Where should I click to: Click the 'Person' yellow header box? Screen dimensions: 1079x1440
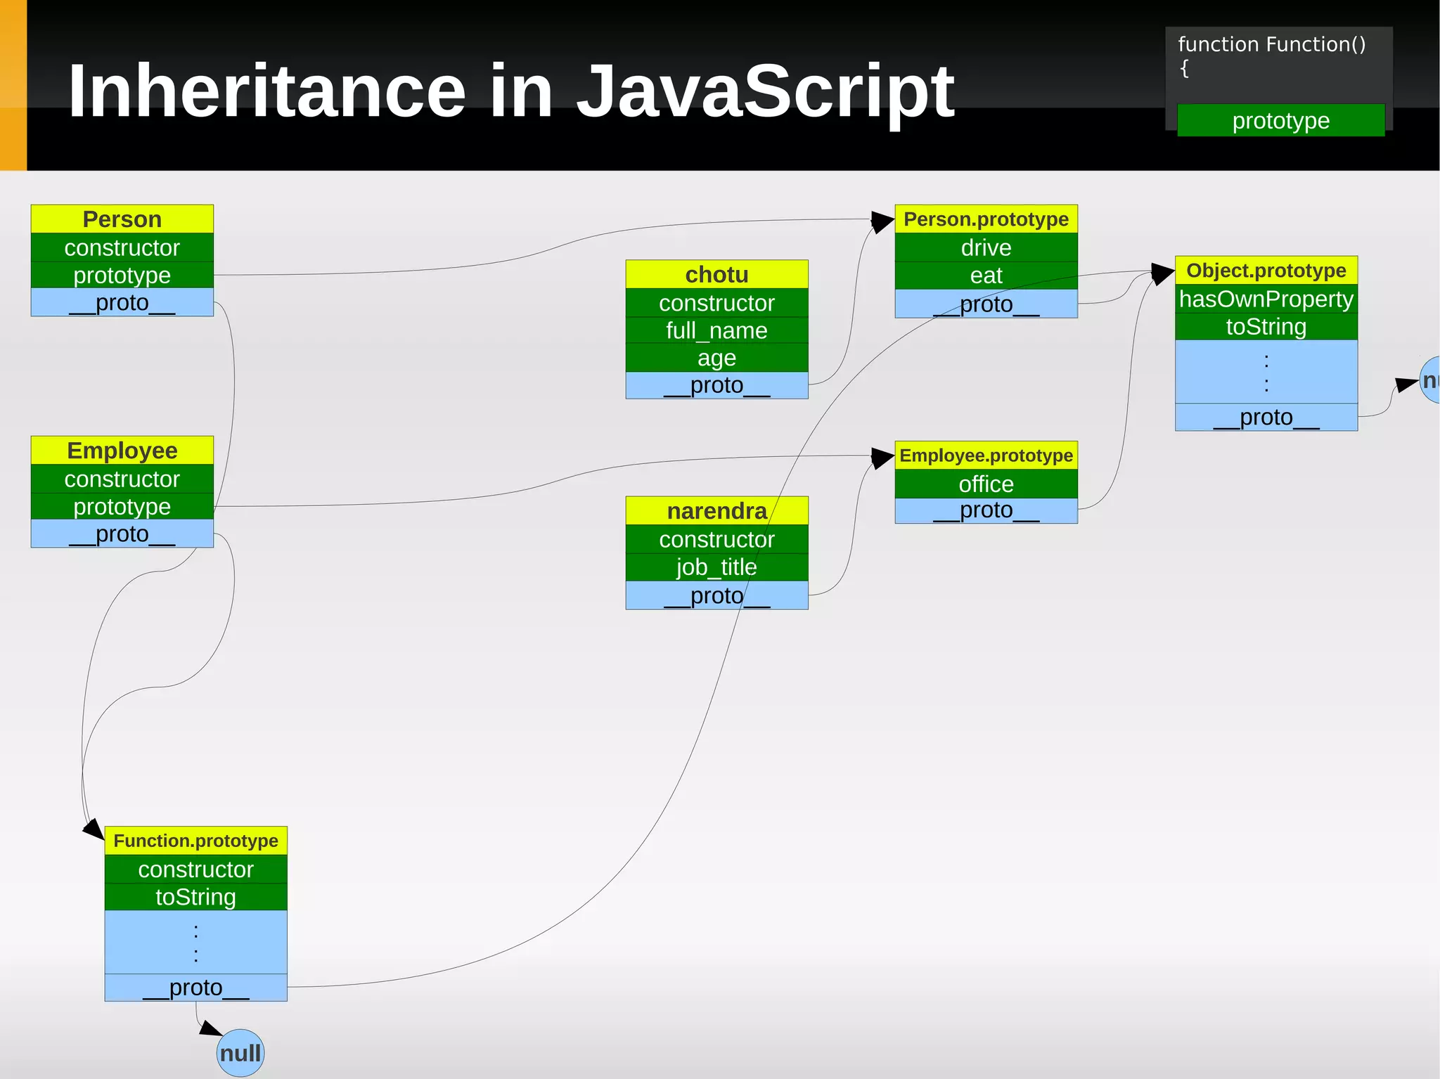point(122,219)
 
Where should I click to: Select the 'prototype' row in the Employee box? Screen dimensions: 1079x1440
point(122,507)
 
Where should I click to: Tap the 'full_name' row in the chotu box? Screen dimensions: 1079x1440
point(716,330)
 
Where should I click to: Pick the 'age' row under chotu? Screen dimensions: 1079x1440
point(716,358)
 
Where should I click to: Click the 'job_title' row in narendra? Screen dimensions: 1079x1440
point(716,567)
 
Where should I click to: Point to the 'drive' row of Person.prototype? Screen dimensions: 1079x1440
point(986,247)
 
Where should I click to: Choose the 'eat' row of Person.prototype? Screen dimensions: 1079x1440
point(986,276)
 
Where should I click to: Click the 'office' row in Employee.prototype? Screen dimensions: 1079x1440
point(986,484)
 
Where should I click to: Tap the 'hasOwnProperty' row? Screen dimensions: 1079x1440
point(1266,299)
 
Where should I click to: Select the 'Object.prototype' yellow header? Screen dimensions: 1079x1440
point(1266,271)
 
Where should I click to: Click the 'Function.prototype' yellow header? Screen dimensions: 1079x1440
point(195,841)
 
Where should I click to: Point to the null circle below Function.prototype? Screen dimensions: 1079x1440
point(240,1053)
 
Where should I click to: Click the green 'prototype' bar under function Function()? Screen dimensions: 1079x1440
point(1280,121)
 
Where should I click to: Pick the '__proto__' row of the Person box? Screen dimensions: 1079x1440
point(122,303)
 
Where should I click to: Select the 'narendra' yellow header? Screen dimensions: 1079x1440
point(716,511)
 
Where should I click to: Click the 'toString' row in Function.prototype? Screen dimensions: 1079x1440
point(195,897)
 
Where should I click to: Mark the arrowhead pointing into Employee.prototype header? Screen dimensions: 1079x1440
point(882,458)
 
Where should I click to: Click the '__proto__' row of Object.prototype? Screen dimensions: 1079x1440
point(1266,418)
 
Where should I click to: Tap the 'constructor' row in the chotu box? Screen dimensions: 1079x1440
point(716,303)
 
